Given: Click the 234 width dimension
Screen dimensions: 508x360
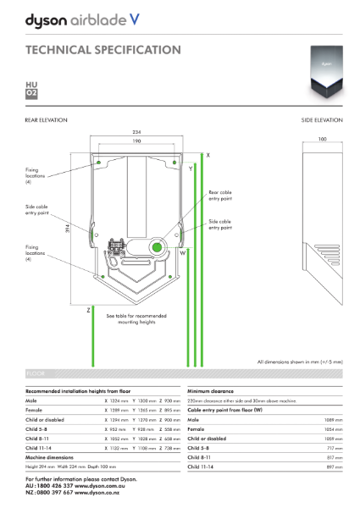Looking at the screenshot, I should click(x=137, y=133).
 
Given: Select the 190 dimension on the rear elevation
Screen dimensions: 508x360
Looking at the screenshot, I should click(x=137, y=141).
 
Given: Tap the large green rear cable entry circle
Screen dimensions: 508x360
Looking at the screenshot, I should click(x=157, y=247).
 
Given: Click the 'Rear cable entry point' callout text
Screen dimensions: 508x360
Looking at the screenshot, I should click(x=219, y=196).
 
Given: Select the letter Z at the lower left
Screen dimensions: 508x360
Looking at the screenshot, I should click(x=88, y=310).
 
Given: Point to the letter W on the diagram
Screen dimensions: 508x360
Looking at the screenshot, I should click(x=182, y=252).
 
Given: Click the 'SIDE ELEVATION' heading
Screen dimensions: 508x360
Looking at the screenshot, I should click(x=322, y=121).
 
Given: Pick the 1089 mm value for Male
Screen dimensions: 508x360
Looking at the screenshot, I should click(x=334, y=420).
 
